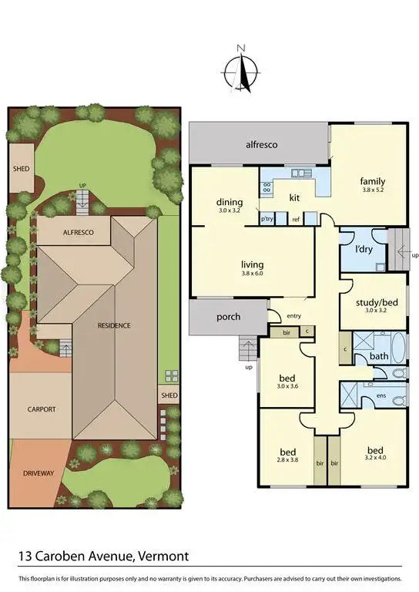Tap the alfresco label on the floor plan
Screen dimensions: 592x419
pyautogui.click(x=261, y=144)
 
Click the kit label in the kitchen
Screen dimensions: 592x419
pyautogui.click(x=294, y=197)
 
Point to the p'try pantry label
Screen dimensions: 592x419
pyautogui.click(x=267, y=220)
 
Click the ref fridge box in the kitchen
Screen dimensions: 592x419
pyautogui.click(x=295, y=220)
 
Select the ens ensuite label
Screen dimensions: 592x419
pyautogui.click(x=380, y=395)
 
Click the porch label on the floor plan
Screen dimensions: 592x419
pyautogui.click(x=228, y=317)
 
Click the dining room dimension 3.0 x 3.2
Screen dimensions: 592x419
pyautogui.click(x=230, y=210)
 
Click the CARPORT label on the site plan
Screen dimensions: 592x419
pyautogui.click(x=42, y=409)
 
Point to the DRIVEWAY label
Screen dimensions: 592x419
pyautogui.click(x=38, y=473)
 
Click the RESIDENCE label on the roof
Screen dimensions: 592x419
pyautogui.click(x=114, y=325)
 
